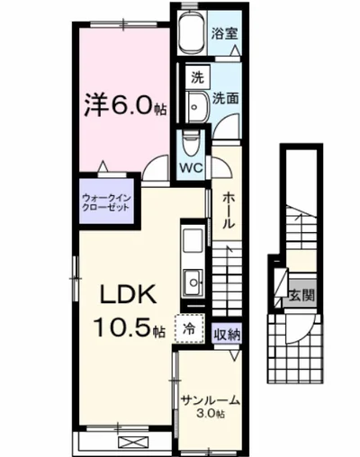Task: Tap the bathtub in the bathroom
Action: tap(192, 35)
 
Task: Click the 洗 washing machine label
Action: tap(194, 77)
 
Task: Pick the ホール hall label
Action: tap(230, 210)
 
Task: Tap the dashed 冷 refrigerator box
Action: tap(191, 330)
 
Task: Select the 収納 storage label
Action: tap(228, 334)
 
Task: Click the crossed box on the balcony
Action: tap(128, 441)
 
